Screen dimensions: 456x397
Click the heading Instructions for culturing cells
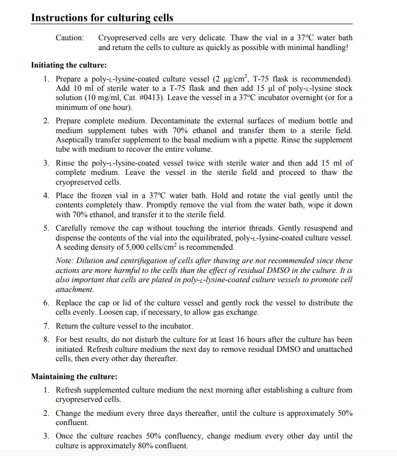(102, 18)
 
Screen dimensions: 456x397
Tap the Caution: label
(70, 38)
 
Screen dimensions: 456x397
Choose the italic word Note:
(65, 261)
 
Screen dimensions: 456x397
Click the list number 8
(46, 339)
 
